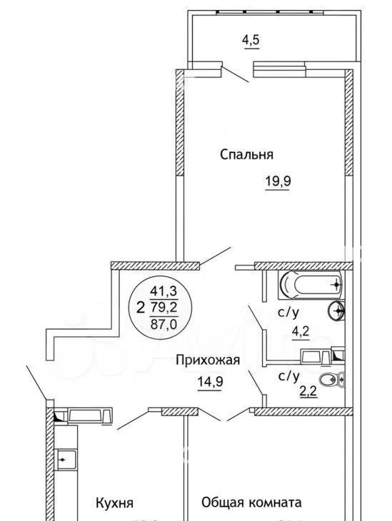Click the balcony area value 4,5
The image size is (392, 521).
point(251,41)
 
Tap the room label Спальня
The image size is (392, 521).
point(247,154)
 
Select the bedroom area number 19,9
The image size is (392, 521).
point(278,181)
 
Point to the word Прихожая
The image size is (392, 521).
point(208,360)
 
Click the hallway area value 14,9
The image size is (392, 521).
point(210,382)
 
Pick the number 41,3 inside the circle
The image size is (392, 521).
point(164,291)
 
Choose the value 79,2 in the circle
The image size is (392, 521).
point(164,308)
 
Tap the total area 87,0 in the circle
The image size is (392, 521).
point(164,324)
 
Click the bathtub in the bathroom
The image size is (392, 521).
point(311,285)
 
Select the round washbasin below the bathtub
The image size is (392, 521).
point(336,311)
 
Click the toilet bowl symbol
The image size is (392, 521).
point(332,380)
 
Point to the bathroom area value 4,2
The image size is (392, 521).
point(300,332)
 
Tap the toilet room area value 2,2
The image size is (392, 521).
point(308,392)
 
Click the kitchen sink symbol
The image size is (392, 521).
point(66,460)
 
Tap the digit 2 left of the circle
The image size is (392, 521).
point(141,308)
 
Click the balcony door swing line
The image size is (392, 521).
point(235,74)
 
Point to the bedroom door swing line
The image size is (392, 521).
point(215,256)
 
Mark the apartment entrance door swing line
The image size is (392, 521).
point(36,383)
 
